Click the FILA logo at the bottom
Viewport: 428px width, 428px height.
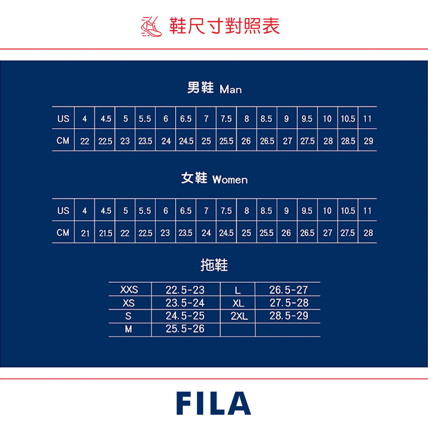pyautogui.click(x=214, y=403)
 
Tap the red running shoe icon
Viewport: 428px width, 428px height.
pyautogui.click(x=152, y=27)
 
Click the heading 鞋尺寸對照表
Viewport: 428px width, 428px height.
pyautogui.click(x=224, y=26)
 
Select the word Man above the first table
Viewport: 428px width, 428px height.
pyautogui.click(x=231, y=89)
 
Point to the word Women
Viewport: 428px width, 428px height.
pyautogui.click(x=230, y=180)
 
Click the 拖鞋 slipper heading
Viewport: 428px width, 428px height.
pyautogui.click(x=214, y=265)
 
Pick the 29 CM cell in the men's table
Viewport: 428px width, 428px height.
pyautogui.click(x=368, y=141)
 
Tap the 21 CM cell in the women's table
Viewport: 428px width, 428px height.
pyautogui.click(x=85, y=233)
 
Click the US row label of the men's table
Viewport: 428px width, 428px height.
pyautogui.click(x=63, y=119)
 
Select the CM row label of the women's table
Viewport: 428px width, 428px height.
pyautogui.click(x=63, y=233)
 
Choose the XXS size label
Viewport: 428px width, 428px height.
pyautogui.click(x=129, y=290)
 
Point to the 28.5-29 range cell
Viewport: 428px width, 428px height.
pyautogui.click(x=288, y=316)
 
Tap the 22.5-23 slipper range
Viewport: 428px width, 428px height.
pyautogui.click(x=185, y=290)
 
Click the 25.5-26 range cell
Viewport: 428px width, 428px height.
pyautogui.click(x=185, y=329)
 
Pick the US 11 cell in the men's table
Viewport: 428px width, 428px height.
pyautogui.click(x=367, y=119)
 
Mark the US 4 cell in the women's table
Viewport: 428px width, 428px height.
pyautogui.click(x=85, y=211)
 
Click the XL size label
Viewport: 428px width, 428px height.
pyautogui.click(x=238, y=303)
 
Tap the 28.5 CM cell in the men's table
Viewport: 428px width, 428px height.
pyautogui.click(x=348, y=141)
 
